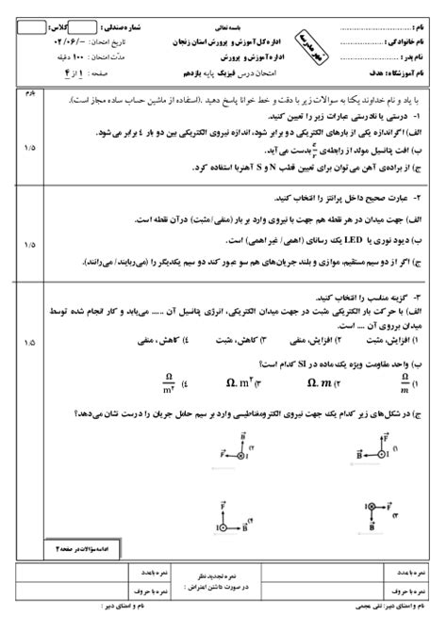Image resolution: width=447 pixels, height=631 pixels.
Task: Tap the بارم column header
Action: (x=27, y=92)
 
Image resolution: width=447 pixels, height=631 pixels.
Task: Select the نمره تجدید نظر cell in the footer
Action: (x=223, y=571)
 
